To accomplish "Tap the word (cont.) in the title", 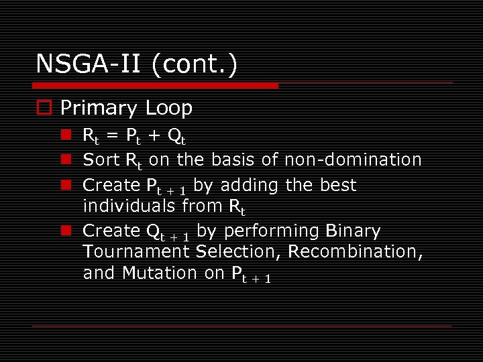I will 194,64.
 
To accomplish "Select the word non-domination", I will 354,160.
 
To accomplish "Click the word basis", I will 232,160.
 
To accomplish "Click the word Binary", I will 352,231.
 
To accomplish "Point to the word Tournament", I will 137,251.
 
